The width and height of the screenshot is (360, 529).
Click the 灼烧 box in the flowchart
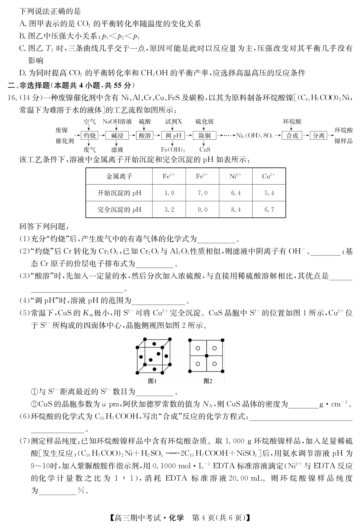[x=89, y=136]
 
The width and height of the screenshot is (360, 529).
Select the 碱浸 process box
[x=117, y=136]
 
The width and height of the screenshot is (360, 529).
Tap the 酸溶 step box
[x=145, y=136]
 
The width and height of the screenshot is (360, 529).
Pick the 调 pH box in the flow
[x=173, y=136]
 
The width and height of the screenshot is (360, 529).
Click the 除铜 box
[x=205, y=136]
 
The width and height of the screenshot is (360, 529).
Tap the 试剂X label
[x=173, y=122]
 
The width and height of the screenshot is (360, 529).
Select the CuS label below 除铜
[x=205, y=150]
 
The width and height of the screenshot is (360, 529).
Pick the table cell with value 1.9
[x=169, y=193]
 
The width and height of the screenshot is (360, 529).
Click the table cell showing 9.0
[x=202, y=210]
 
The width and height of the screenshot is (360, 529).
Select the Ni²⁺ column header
[x=236, y=176]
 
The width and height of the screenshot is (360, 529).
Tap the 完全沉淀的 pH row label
[x=119, y=210]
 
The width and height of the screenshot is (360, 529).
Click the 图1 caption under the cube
[x=153, y=381]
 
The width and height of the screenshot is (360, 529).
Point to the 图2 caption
[x=208, y=381]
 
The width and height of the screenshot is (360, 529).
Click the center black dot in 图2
[x=206, y=356]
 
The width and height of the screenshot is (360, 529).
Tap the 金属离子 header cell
[x=119, y=176]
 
